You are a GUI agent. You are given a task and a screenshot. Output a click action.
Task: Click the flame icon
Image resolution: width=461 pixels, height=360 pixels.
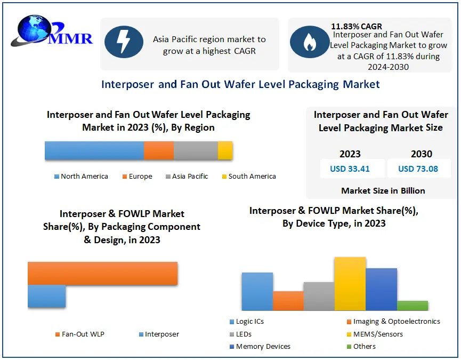(309, 44)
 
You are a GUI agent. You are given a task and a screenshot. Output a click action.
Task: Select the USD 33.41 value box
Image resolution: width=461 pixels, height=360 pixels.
(350, 169)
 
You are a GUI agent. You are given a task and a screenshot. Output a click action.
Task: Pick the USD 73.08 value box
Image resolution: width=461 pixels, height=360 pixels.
(418, 169)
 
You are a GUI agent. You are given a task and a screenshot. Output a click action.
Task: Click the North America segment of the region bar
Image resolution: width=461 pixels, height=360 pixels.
(94, 150)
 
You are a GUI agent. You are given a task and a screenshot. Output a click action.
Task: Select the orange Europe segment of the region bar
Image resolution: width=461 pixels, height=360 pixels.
(159, 150)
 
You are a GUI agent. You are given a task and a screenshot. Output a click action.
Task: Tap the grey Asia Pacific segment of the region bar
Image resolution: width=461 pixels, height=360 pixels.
(196, 150)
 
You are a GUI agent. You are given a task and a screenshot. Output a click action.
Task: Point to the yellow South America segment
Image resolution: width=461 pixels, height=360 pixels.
(225, 150)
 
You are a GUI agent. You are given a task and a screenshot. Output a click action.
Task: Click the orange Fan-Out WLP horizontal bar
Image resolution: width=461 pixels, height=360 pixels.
(102, 273)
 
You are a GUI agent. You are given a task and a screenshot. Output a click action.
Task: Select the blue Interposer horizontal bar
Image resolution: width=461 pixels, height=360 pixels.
(46, 296)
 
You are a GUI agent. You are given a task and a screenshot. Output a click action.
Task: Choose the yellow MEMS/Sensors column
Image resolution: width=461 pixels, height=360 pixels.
(350, 284)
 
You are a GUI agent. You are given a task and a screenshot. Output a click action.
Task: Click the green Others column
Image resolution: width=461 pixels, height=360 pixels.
(413, 306)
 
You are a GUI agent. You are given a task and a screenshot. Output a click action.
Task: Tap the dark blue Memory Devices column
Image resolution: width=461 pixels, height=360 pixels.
(381, 289)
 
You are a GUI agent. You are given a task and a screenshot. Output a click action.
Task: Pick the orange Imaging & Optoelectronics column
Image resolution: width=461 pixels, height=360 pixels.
(288, 301)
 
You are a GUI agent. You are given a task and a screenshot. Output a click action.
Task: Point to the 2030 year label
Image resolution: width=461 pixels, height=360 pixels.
(421, 154)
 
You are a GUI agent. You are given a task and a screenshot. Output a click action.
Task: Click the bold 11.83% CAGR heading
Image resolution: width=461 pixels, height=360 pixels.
(357, 26)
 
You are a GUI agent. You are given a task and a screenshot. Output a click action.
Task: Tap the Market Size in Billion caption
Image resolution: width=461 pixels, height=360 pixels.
(383, 190)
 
